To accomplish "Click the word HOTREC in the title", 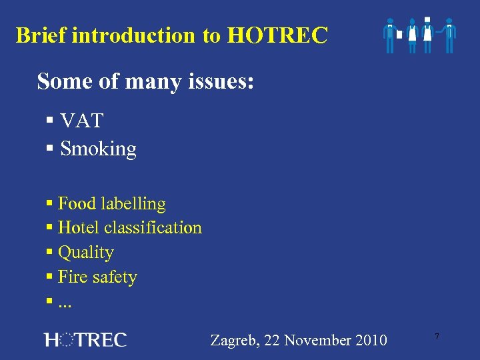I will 277,35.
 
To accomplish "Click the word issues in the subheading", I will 221,81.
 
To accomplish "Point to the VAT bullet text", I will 81,121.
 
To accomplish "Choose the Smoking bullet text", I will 98,149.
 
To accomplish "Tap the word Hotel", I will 77,228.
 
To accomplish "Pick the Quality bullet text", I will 86,253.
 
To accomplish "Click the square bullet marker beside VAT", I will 50,121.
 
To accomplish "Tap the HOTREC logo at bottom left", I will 85,339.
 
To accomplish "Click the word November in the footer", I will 317,341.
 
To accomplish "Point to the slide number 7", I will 437,337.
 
